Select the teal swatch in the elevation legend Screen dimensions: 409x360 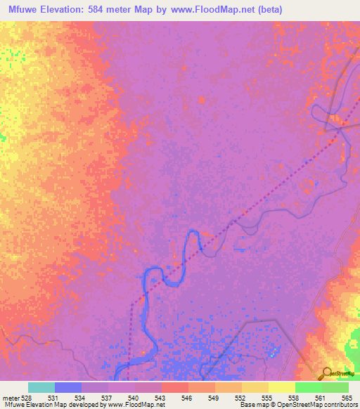(x=41, y=387)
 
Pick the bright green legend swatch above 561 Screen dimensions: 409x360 (x=309, y=387)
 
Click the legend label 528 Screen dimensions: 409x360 (x=27, y=397)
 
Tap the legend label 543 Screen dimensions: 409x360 (x=161, y=397)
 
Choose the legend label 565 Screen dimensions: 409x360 (x=347, y=397)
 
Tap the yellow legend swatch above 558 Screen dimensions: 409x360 (x=282, y=387)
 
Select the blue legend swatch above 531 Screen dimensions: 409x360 (x=68, y=387)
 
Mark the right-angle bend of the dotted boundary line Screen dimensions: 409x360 (x=131, y=306)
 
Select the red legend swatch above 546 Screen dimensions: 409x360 (x=175, y=387)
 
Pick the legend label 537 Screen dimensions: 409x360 (x=108, y=397)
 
